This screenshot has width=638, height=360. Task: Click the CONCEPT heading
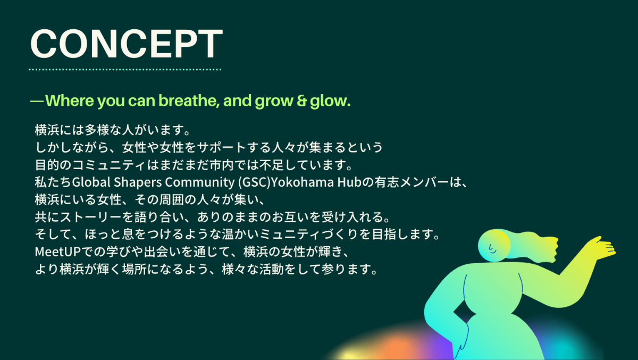126,44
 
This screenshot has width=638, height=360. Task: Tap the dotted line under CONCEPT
125,69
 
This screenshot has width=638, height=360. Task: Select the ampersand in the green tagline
302,101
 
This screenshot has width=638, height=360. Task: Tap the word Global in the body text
91,182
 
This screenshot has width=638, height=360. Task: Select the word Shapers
138,182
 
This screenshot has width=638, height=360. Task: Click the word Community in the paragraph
200,182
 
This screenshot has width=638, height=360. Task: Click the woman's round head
494,246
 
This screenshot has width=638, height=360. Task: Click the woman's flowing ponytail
532,246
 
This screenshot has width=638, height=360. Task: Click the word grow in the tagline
274,102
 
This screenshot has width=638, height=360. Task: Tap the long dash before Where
37,101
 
